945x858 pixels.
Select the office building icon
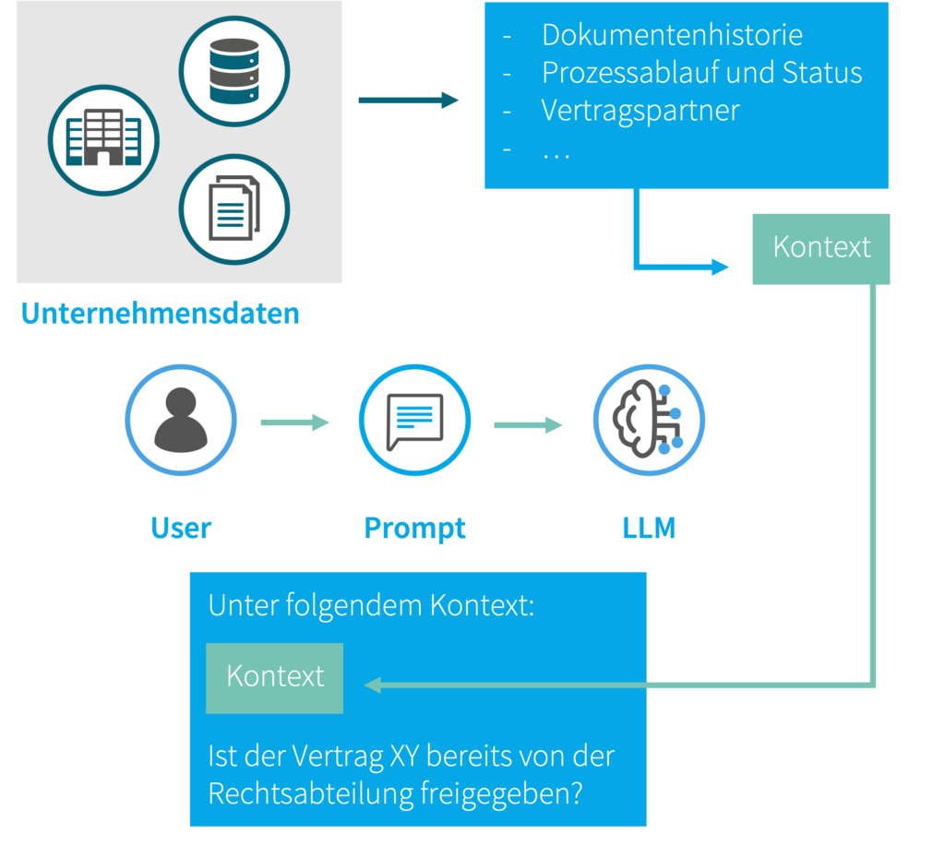tap(103, 140)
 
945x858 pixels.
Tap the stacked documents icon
tap(234, 209)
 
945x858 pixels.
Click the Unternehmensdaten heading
tap(161, 314)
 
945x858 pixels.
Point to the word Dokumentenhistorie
tap(672, 35)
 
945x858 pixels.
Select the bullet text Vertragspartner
tap(640, 111)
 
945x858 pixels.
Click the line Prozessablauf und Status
tap(701, 73)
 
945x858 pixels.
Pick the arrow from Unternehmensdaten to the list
tap(408, 101)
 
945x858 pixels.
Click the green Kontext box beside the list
tap(821, 248)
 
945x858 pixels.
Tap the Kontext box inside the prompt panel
tap(275, 677)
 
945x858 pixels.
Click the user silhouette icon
tap(181, 420)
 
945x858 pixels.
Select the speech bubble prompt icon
tap(414, 420)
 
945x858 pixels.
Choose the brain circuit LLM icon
tap(649, 420)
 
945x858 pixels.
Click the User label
tap(181, 529)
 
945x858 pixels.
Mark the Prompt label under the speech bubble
tap(414, 529)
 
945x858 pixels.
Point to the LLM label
tap(649, 529)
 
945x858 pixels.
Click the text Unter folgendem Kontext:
tap(371, 607)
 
